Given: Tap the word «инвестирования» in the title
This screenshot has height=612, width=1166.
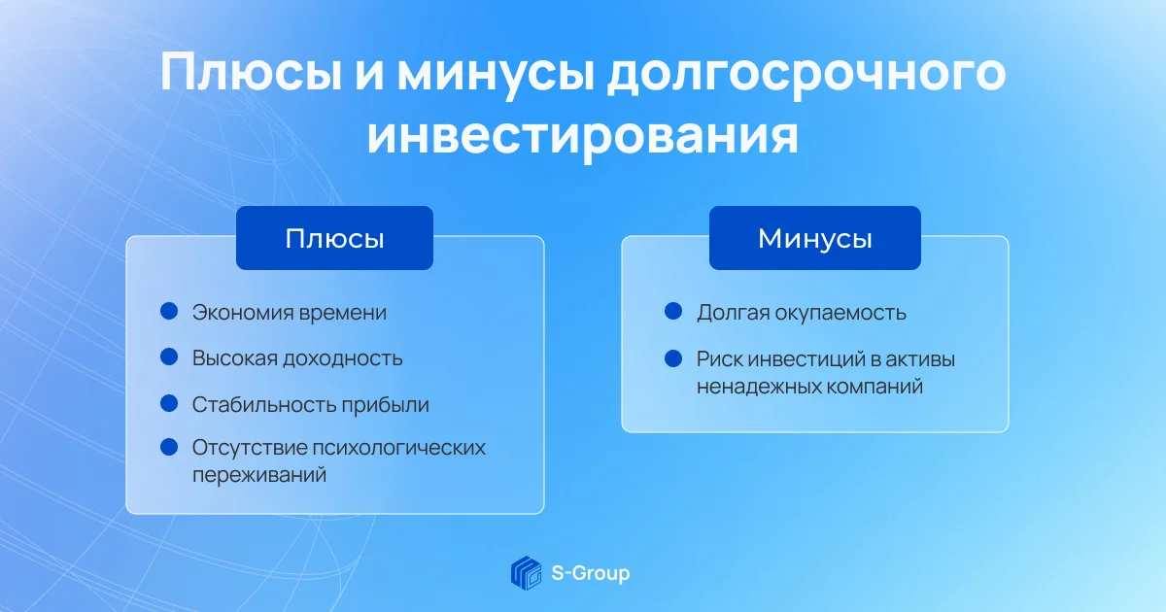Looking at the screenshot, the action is click(582, 137).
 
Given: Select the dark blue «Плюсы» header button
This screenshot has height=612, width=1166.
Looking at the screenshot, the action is click(334, 238).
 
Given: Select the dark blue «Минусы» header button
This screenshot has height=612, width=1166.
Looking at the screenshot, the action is click(815, 238).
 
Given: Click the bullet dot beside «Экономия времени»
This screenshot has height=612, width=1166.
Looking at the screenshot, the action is click(169, 311).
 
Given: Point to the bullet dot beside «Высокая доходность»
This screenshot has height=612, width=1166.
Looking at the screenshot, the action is click(169, 357).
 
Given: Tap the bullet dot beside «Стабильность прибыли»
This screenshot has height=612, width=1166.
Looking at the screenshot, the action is click(169, 403).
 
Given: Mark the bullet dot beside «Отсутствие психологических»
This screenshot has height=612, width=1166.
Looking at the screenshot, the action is click(169, 447).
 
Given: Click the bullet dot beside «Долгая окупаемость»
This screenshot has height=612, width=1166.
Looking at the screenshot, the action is click(673, 311).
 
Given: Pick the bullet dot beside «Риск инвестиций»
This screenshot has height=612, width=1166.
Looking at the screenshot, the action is click(673, 358).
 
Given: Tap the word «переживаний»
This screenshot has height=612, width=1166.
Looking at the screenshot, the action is click(259, 475).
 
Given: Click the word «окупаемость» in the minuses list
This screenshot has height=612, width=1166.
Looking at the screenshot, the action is click(840, 313).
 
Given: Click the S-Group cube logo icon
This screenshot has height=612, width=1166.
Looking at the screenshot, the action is click(526, 573).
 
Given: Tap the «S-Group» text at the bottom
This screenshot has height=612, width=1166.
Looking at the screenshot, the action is click(591, 573).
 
